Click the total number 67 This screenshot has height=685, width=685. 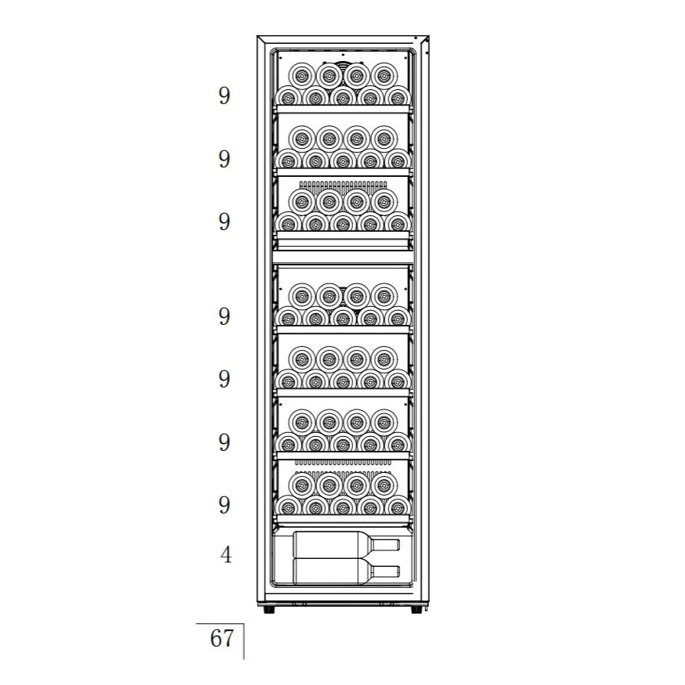(x=222, y=638)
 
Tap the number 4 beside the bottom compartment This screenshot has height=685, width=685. (x=225, y=555)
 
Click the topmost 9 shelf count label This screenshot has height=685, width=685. (x=224, y=96)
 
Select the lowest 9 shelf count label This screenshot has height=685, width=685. (x=224, y=505)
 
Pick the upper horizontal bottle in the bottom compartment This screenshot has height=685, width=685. (x=347, y=545)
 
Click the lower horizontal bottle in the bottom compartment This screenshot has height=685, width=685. (x=347, y=571)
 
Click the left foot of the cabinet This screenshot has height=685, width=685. (x=269, y=609)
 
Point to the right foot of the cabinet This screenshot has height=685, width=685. (x=416, y=609)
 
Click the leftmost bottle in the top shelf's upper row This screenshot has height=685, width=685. (x=302, y=76)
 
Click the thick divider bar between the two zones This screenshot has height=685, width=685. (x=343, y=257)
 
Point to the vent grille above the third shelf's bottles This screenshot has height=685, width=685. (x=343, y=186)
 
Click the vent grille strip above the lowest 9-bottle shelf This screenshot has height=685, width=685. (x=343, y=462)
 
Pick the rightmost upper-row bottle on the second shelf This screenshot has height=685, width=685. (x=384, y=139)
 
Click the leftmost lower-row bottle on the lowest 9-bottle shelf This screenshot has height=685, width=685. (x=288, y=507)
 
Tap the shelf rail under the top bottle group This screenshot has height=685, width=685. (x=343, y=110)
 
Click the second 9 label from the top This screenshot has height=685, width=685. (x=224, y=159)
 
